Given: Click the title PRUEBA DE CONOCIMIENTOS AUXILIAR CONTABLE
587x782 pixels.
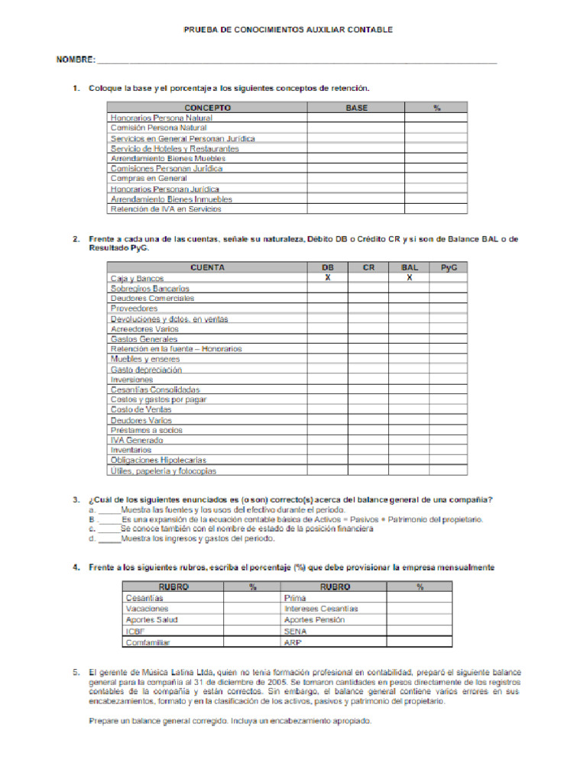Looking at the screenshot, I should click(x=288, y=29).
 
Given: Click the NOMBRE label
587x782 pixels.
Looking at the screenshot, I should click(x=76, y=60).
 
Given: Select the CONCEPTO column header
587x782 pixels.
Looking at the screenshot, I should click(x=206, y=108).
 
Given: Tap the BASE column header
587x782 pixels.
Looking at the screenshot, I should click(x=356, y=108).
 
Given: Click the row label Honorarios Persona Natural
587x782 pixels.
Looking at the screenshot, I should click(x=161, y=118).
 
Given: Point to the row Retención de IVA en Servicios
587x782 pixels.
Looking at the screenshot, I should click(x=166, y=208).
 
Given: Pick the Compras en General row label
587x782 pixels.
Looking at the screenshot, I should click(x=148, y=178).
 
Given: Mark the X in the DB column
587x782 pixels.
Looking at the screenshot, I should click(x=327, y=278).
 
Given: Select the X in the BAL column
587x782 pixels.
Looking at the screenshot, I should click(x=409, y=278).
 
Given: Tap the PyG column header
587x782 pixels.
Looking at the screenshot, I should click(x=449, y=268).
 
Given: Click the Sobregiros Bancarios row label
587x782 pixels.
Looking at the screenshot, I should click(x=150, y=289).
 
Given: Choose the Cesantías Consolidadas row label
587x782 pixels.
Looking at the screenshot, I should click(x=155, y=389).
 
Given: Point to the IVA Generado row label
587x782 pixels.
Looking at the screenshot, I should click(x=137, y=440).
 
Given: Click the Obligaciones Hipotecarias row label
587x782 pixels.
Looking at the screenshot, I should click(x=158, y=460).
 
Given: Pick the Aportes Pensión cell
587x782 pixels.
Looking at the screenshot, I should click(x=314, y=620).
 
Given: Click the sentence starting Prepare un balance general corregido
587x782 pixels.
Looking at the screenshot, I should click(x=230, y=721).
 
